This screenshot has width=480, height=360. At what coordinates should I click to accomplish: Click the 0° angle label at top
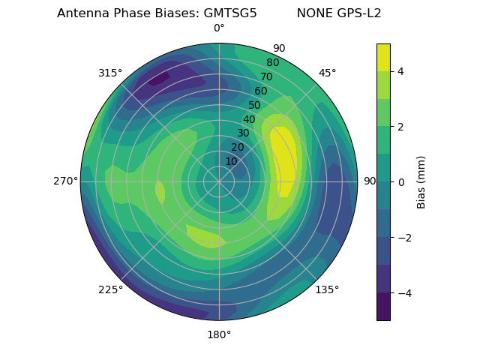[219, 28]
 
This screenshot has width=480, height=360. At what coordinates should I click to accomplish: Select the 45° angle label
[327, 73]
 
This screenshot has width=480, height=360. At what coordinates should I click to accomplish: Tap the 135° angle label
[327, 289]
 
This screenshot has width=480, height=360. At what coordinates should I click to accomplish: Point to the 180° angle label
[219, 334]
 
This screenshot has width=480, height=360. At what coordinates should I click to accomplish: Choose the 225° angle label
[110, 289]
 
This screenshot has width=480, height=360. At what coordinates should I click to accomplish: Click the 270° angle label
[65, 181]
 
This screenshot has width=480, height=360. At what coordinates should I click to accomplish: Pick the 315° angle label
[110, 73]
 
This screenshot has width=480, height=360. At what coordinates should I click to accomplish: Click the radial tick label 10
[231, 161]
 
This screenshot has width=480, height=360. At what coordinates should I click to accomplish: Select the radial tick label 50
[255, 106]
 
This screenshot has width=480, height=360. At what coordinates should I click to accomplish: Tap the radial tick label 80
[273, 63]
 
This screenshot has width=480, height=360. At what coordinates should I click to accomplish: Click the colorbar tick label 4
[401, 71]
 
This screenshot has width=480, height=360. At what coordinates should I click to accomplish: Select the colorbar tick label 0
[401, 181]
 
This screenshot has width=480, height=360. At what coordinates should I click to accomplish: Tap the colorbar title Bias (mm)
[421, 181]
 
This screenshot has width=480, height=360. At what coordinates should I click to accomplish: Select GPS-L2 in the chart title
[360, 13]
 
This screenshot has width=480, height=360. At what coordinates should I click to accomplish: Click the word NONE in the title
[311, 13]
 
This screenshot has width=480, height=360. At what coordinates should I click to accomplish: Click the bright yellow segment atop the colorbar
[383, 57]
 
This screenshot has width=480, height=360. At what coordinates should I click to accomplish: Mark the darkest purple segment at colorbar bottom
[383, 307]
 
